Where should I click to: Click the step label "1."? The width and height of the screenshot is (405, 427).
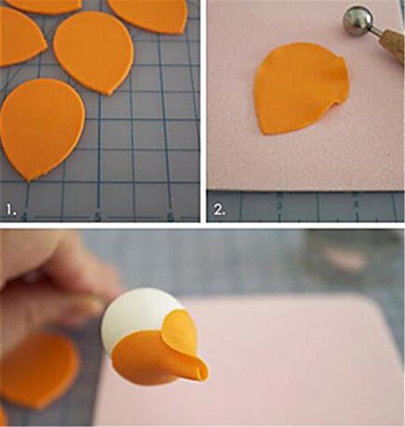[x=11, y=210]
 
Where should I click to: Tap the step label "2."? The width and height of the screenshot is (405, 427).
[x=220, y=210]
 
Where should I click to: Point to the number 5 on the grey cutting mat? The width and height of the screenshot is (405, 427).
[x=97, y=217]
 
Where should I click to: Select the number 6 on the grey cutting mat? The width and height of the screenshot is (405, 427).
[x=170, y=218]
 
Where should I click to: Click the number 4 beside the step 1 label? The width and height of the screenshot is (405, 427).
[x=25, y=218]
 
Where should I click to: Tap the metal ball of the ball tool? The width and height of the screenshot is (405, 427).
[x=358, y=20]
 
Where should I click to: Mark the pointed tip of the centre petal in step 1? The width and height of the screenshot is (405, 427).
[x=110, y=94]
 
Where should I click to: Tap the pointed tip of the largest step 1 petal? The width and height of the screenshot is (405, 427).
[x=28, y=179]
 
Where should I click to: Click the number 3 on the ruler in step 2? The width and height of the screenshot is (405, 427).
[x=280, y=206]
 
